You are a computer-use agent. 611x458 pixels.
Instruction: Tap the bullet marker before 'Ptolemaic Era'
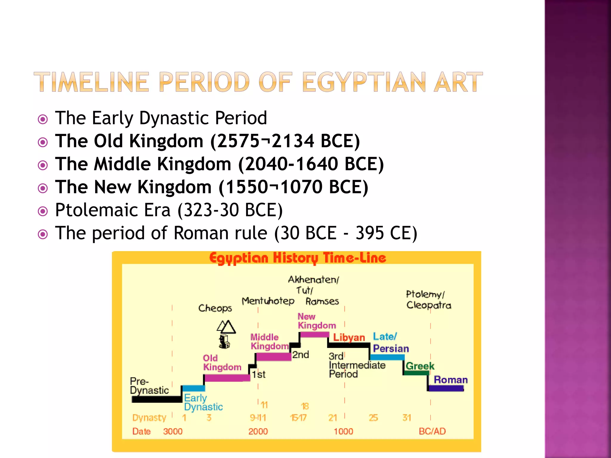pos(43,211)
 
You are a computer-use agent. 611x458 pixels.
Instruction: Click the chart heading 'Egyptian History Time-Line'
pos(297,258)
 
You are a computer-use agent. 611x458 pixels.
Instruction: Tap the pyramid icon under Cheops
pos(226,327)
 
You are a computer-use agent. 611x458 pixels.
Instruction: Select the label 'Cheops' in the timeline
pos(215,308)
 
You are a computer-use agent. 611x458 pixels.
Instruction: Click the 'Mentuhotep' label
pos(268,301)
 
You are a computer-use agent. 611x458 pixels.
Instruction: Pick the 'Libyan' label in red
pos(349,337)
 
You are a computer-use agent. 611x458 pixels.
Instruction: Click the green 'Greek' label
pos(420,366)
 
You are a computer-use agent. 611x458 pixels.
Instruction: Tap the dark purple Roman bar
pos(446,388)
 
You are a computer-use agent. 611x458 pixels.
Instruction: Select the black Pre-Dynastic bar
pos(157,399)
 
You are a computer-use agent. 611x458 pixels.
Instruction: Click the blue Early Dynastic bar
pos(194,388)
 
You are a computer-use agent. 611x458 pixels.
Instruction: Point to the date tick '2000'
pos(258,431)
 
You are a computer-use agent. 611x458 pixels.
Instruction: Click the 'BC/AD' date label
pos(432,431)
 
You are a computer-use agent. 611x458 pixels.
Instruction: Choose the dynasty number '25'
pos(373,417)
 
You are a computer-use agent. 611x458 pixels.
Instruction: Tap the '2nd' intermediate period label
pos(300,355)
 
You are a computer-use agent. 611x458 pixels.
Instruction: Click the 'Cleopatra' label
pos(429,305)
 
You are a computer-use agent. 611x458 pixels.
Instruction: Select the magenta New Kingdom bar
pos(314,335)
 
